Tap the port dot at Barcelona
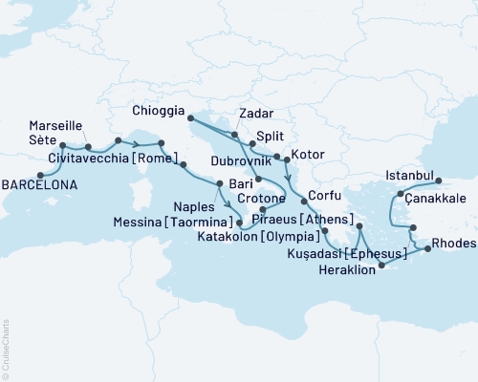(39, 175)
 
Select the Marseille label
(55, 125)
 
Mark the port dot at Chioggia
(190, 118)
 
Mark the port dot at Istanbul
(439, 180)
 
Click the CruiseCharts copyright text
(6, 350)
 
